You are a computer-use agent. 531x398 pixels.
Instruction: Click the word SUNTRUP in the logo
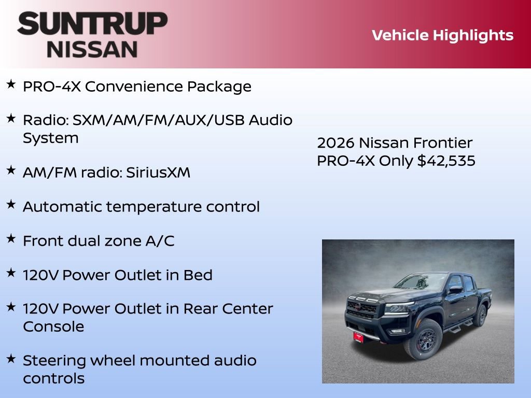click(92, 24)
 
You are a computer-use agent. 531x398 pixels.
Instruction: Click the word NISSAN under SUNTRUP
click(92, 49)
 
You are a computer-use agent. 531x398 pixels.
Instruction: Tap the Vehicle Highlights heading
click(442, 35)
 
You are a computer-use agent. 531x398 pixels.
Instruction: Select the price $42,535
click(446, 161)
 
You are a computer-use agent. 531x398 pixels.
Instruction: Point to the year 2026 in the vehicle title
click(336, 143)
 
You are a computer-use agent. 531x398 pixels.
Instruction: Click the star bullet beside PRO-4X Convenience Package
click(11, 84)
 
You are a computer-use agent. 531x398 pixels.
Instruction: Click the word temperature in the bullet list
click(159, 207)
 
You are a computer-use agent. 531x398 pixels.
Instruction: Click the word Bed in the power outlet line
click(198, 275)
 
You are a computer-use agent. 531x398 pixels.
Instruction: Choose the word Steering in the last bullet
click(57, 360)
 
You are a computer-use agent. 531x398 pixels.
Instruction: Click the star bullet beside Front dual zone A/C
click(11, 238)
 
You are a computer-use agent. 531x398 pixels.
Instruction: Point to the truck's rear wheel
click(481, 316)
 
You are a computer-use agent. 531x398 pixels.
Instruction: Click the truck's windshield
click(421, 282)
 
